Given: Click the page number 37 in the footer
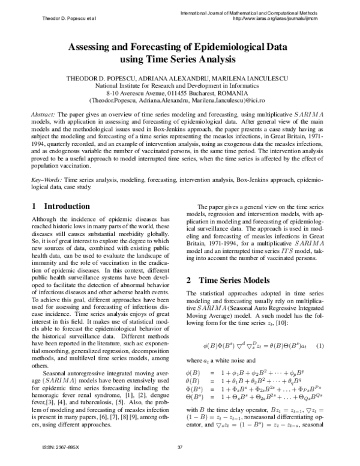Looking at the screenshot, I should [180, 447].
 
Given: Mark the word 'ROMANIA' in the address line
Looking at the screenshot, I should [233, 94].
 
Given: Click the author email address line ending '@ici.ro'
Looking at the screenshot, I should [180, 102].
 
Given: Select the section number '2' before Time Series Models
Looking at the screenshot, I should [188, 280].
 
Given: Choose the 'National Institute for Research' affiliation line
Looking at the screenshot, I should [180, 86].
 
